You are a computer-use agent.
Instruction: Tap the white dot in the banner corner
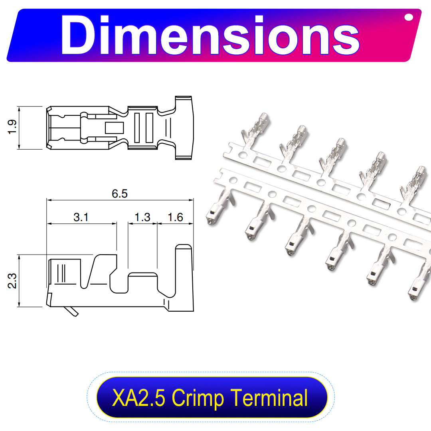[409, 17]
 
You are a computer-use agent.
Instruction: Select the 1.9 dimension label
[12, 127]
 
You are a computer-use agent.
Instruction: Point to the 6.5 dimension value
[120, 194]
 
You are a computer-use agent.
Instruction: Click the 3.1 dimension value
[81, 217]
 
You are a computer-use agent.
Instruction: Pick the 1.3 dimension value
[142, 217]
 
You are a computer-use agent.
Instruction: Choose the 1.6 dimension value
[175, 217]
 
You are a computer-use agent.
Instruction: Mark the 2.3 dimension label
[12, 281]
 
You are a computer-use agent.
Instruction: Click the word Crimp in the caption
[198, 398]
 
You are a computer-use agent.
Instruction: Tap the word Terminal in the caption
[269, 397]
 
